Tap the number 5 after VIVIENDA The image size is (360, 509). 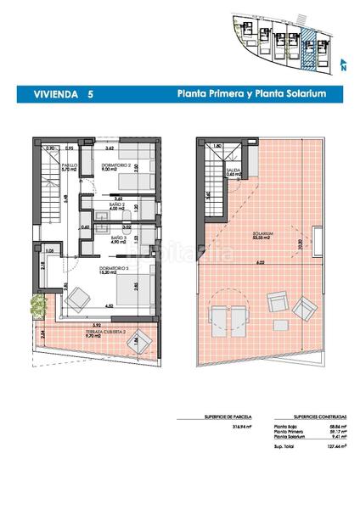(x=91, y=95)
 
